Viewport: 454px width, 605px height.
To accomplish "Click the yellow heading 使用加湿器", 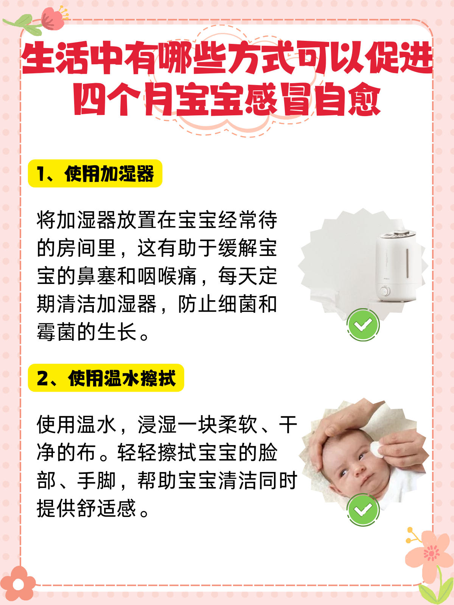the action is (95, 174).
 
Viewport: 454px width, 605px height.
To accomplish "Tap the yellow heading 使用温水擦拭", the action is (106, 378).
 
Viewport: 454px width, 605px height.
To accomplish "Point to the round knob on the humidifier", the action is (384, 291).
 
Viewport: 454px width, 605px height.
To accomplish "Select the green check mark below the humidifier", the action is (363, 325).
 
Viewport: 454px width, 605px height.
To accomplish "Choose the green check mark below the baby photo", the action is (363, 510).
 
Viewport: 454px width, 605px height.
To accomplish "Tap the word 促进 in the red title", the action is (399, 57).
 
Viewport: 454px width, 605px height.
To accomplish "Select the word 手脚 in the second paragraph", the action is (96, 481).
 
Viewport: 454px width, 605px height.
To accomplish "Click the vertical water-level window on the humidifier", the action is (407, 263).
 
